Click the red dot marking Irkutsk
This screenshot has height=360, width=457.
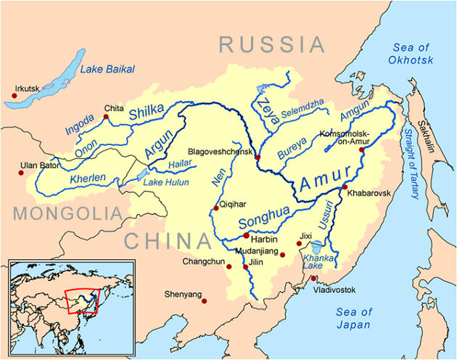15,94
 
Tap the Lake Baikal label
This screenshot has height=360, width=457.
107,69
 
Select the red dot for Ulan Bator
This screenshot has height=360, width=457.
22,172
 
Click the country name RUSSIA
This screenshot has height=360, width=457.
273,45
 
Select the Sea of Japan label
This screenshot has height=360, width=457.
354,319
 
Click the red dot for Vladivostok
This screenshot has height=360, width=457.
313,279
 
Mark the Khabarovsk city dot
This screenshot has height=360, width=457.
344,188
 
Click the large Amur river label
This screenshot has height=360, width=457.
326,178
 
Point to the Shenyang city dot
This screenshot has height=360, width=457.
205,300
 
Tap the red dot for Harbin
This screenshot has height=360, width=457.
247,235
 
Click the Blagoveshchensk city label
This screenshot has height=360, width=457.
220,152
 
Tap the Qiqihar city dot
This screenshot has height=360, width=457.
215,208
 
